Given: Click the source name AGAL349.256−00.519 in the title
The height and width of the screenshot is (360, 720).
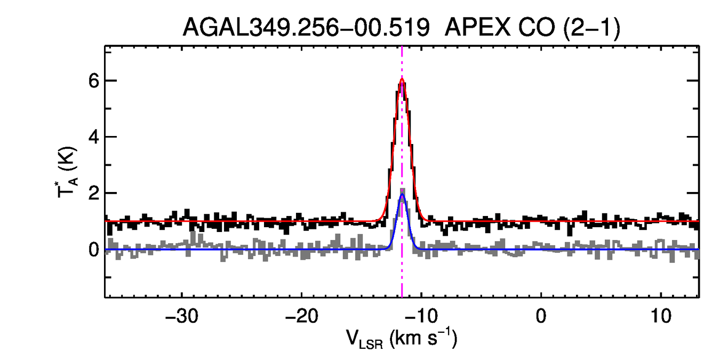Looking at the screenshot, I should pos(306,28).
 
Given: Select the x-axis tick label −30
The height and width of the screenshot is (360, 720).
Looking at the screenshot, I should pos(182,314).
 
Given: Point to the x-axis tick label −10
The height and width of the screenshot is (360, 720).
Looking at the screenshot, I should pos(421,314).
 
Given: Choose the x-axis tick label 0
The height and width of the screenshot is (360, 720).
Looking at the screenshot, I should pos(541,314).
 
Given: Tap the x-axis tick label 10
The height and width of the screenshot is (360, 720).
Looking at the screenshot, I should pos(661,314).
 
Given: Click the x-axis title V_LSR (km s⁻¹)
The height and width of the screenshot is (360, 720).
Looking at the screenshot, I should pos(402,339).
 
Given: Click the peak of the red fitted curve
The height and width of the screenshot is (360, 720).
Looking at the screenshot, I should pos(402,80).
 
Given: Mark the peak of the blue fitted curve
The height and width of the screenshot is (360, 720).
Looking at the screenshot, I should pos(402,194).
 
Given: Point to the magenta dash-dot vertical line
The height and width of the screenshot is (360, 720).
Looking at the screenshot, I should pos(402,267).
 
